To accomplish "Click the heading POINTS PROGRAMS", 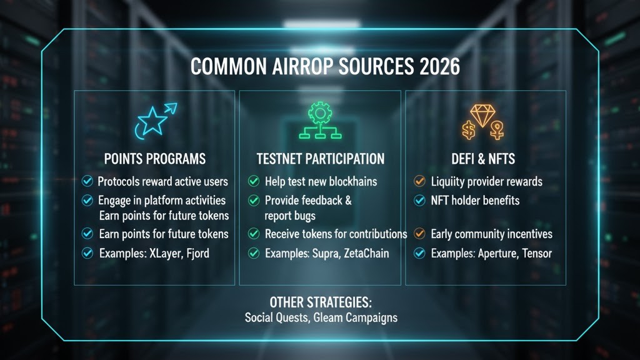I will pos(154,159).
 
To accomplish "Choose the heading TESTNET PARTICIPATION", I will pos(321,159).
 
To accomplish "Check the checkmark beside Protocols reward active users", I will pos(87,182).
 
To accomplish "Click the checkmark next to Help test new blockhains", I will pos(254,182).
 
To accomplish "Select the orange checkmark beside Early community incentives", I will pos(420,234).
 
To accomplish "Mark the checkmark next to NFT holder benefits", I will pos(420,201).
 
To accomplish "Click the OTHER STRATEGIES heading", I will pos(321,302).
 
